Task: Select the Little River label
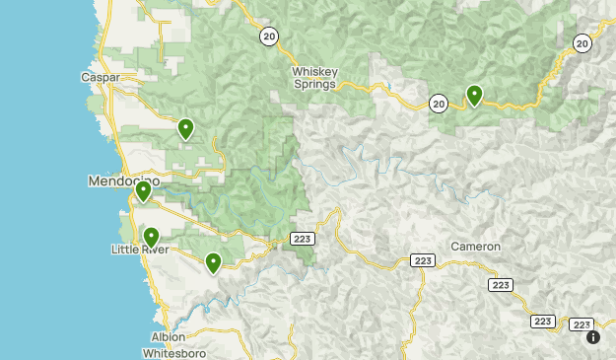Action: [x=139, y=251]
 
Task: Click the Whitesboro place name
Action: [x=173, y=352]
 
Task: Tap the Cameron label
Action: [x=476, y=246]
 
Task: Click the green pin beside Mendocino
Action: [x=143, y=190]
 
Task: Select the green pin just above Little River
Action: [x=151, y=237]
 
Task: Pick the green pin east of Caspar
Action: [x=185, y=128]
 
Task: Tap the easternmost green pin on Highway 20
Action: [x=474, y=95]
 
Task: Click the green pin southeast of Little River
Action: [x=213, y=261]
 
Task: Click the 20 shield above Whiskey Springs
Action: [x=269, y=36]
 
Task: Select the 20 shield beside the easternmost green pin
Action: [x=439, y=102]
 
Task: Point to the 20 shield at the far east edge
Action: [x=582, y=42]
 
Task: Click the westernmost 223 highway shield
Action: [x=302, y=239]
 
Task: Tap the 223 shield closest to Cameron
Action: [x=423, y=260]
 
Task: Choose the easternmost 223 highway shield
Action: [x=582, y=324]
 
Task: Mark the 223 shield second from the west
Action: [x=423, y=260]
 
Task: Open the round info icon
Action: [x=593, y=337]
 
